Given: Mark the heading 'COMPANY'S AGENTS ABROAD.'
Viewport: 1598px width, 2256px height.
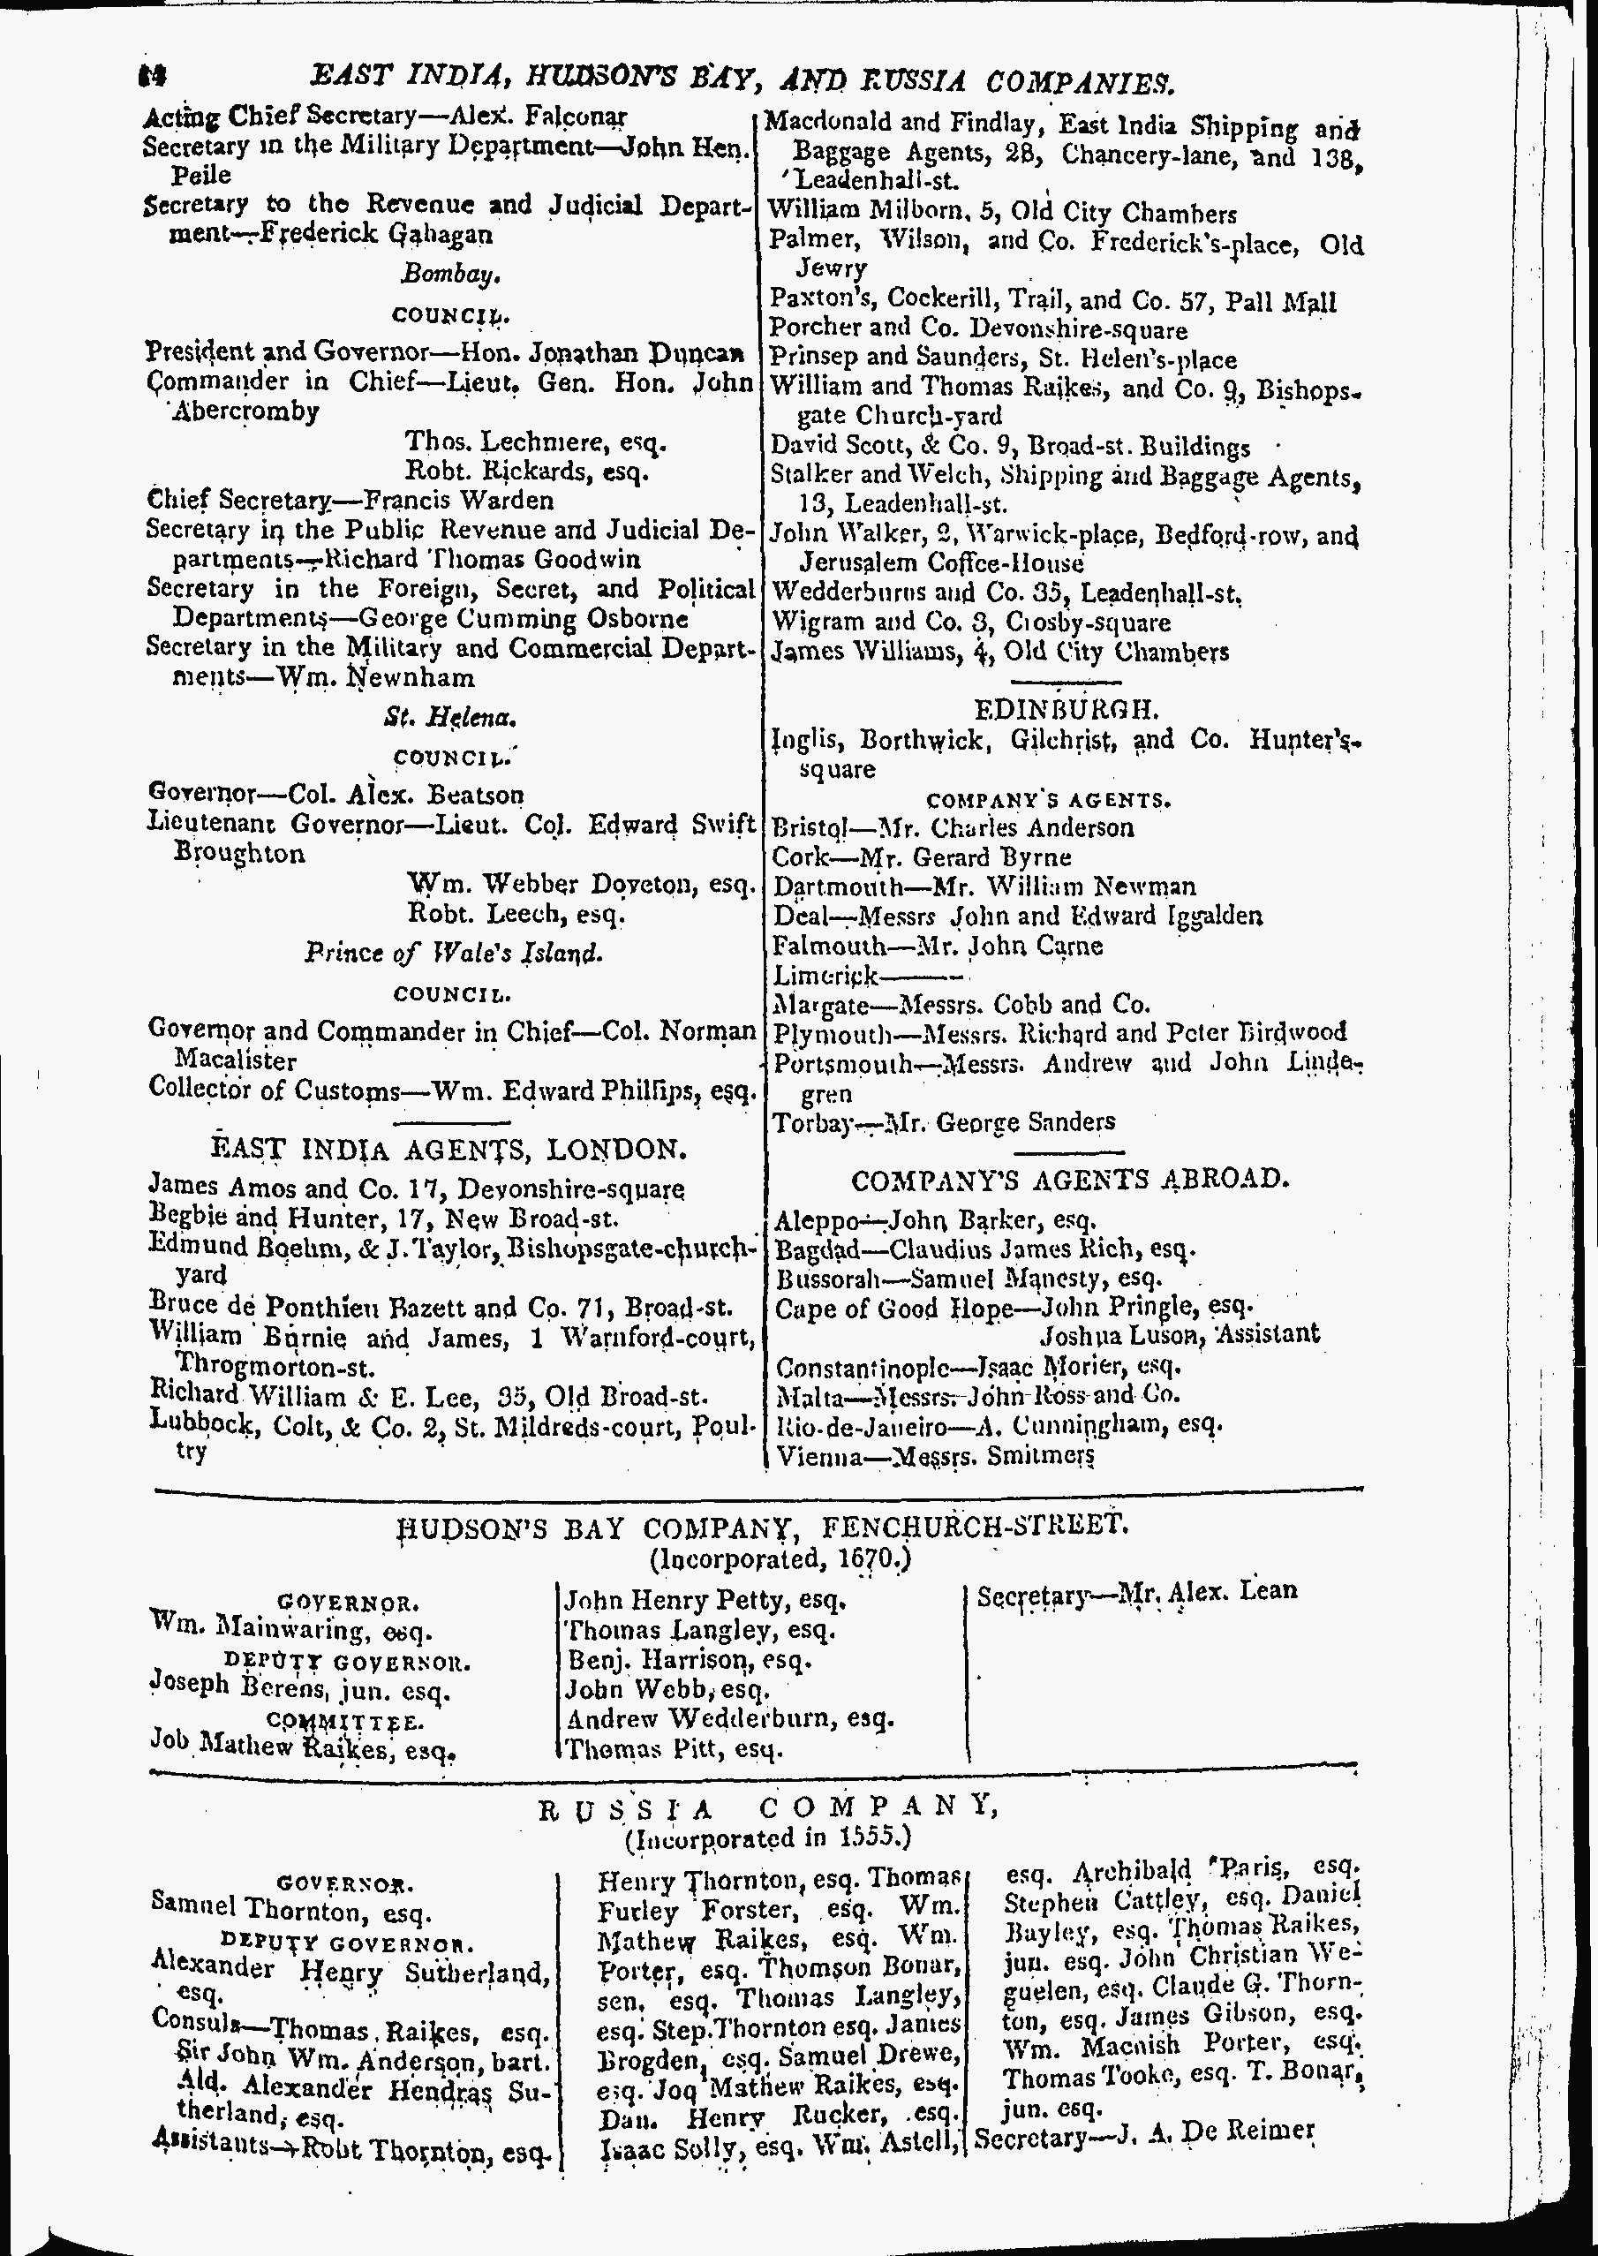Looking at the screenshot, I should [x=1069, y=1180].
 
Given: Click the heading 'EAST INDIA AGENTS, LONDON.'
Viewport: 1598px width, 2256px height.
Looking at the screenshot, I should [x=448, y=1149].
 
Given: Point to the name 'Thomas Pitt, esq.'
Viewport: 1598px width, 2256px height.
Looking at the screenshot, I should [x=675, y=1749].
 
